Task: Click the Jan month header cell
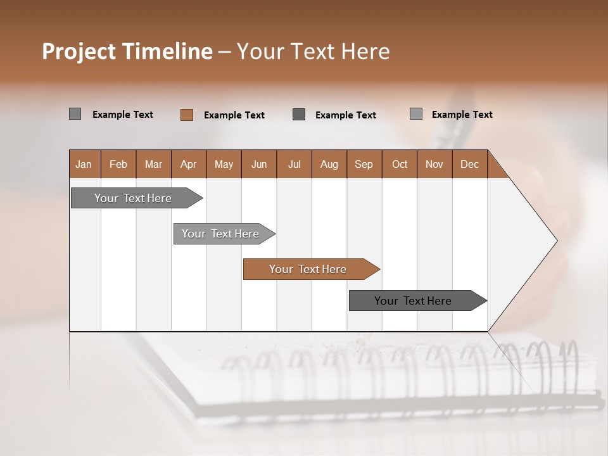[x=84, y=164]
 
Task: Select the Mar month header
[x=153, y=164]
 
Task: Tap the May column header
[x=224, y=164]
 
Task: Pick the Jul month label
[x=294, y=164]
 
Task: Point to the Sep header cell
[x=364, y=164]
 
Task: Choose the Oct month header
[x=400, y=164]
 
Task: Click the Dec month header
[x=469, y=164]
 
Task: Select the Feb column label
[x=118, y=164]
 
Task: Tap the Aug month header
[x=329, y=164]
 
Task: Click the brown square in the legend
[x=186, y=115]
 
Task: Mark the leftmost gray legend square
[x=75, y=114]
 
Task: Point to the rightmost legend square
[x=416, y=114]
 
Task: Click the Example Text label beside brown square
[x=234, y=115]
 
